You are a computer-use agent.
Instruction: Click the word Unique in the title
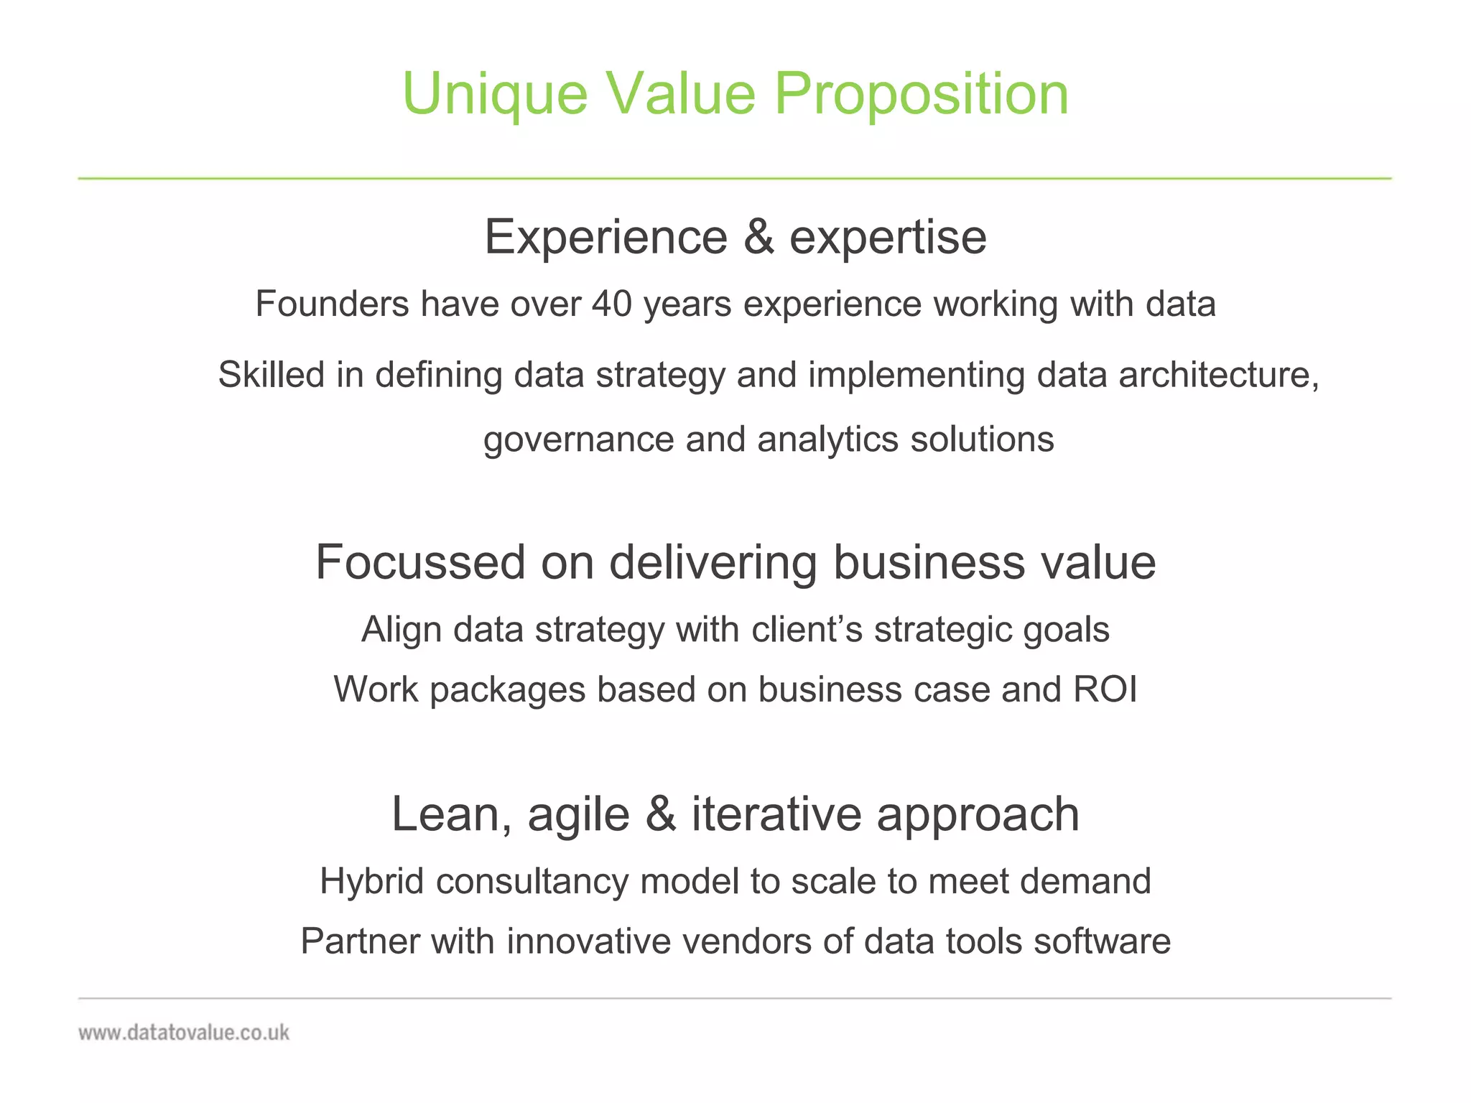495,94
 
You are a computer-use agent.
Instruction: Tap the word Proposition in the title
922,94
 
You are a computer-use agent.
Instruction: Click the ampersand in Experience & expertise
759,237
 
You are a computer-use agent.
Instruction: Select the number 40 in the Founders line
611,304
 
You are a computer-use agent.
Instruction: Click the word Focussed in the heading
420,562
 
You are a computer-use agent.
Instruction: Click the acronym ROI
1105,689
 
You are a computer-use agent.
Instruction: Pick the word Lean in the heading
445,815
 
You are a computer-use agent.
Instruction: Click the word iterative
776,815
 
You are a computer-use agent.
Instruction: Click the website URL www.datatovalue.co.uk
184,1033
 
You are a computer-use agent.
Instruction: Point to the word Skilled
271,375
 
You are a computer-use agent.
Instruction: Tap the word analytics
827,439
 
